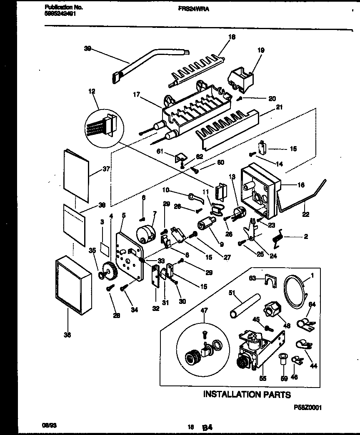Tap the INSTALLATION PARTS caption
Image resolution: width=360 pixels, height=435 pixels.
pos(247,394)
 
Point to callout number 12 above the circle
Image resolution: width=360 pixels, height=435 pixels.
pos(92,90)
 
